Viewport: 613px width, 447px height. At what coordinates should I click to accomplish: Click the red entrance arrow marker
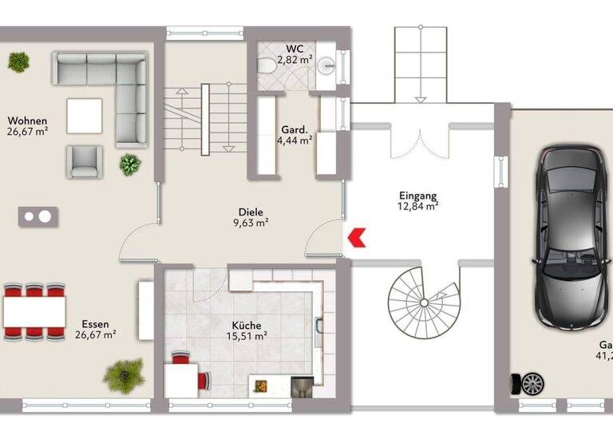(x=357, y=235)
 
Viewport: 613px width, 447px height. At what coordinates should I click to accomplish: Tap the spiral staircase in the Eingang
(x=423, y=302)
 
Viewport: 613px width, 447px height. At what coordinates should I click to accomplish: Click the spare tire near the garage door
(x=532, y=384)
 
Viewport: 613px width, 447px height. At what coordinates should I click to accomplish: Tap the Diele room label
(x=250, y=212)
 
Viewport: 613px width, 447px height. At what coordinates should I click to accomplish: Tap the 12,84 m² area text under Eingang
(x=419, y=206)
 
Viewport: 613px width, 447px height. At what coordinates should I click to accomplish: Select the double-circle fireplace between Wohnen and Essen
(x=38, y=216)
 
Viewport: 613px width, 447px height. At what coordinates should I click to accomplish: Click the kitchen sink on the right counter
(x=319, y=328)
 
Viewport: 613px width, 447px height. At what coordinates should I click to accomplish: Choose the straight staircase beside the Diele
(x=204, y=117)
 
